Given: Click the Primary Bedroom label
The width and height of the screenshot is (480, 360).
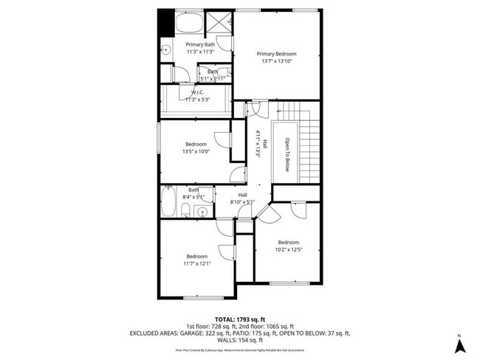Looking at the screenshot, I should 277,54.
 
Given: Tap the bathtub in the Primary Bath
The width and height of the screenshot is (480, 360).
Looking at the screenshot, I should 188,24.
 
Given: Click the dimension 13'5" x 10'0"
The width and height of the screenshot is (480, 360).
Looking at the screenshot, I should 196,151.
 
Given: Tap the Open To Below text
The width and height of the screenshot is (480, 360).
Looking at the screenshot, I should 288,154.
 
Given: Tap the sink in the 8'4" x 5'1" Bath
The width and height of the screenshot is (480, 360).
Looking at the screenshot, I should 202,212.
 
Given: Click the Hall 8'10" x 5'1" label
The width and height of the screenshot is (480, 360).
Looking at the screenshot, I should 242,198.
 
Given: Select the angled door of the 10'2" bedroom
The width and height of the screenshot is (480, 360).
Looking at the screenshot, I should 267,214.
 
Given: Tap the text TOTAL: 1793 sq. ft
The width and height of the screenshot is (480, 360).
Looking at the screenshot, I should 239,318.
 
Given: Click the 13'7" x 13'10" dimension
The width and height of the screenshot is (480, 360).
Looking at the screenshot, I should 277,61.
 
